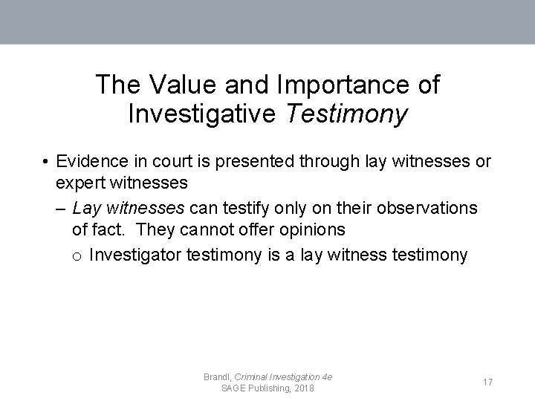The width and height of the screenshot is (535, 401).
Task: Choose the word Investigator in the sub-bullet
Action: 135,255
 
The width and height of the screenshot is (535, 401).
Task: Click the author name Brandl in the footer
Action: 217,377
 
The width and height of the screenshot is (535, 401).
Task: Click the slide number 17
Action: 488,382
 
